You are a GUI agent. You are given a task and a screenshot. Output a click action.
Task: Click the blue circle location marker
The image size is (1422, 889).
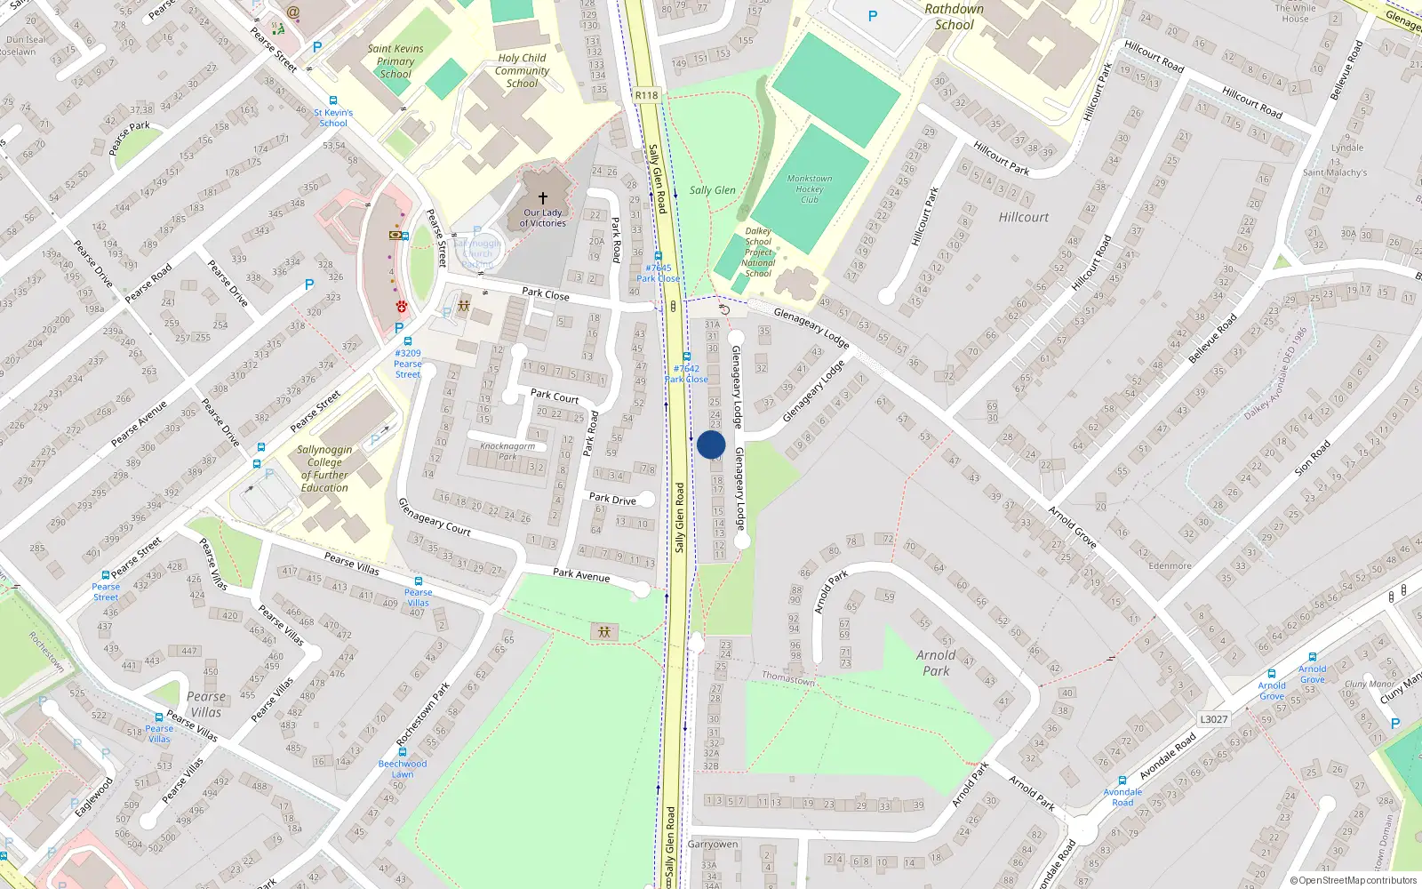(x=711, y=444)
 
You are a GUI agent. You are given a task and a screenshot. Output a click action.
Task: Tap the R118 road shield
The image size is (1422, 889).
(x=647, y=95)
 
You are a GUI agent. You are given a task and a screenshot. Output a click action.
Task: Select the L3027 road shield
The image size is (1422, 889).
(x=1213, y=719)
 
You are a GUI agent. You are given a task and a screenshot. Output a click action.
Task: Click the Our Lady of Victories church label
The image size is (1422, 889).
(x=543, y=218)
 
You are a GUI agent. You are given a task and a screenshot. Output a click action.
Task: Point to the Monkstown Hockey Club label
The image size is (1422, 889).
(x=809, y=188)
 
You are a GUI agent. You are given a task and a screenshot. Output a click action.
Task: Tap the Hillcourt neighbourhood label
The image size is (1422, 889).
(x=1023, y=217)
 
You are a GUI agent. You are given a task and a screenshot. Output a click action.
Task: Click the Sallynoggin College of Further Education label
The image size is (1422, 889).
(x=324, y=469)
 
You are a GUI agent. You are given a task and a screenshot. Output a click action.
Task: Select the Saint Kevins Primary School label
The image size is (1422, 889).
(x=395, y=61)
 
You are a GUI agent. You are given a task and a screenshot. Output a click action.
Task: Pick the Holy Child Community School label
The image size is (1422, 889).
(x=522, y=71)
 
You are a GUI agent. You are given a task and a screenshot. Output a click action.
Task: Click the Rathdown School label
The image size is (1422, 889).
(x=954, y=17)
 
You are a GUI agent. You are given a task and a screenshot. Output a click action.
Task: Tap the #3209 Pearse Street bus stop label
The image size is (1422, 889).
(x=408, y=364)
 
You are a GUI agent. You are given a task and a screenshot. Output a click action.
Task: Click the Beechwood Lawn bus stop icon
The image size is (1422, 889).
(x=403, y=752)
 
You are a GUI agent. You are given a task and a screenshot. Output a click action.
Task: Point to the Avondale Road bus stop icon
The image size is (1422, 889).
(x=1122, y=781)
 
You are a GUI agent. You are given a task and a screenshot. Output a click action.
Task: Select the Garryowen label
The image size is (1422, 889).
(x=713, y=844)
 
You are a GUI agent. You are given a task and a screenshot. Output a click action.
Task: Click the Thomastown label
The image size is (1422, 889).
(x=788, y=678)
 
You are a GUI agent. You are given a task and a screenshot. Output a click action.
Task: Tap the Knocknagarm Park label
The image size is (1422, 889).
(x=507, y=451)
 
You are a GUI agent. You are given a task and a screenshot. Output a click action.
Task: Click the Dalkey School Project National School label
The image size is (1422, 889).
(x=758, y=252)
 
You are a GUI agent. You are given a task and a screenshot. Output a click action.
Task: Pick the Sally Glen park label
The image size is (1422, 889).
(x=713, y=190)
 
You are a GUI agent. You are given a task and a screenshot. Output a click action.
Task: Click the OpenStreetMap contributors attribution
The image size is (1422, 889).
(x=1354, y=880)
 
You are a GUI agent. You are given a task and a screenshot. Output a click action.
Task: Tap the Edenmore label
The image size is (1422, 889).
(x=1170, y=565)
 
